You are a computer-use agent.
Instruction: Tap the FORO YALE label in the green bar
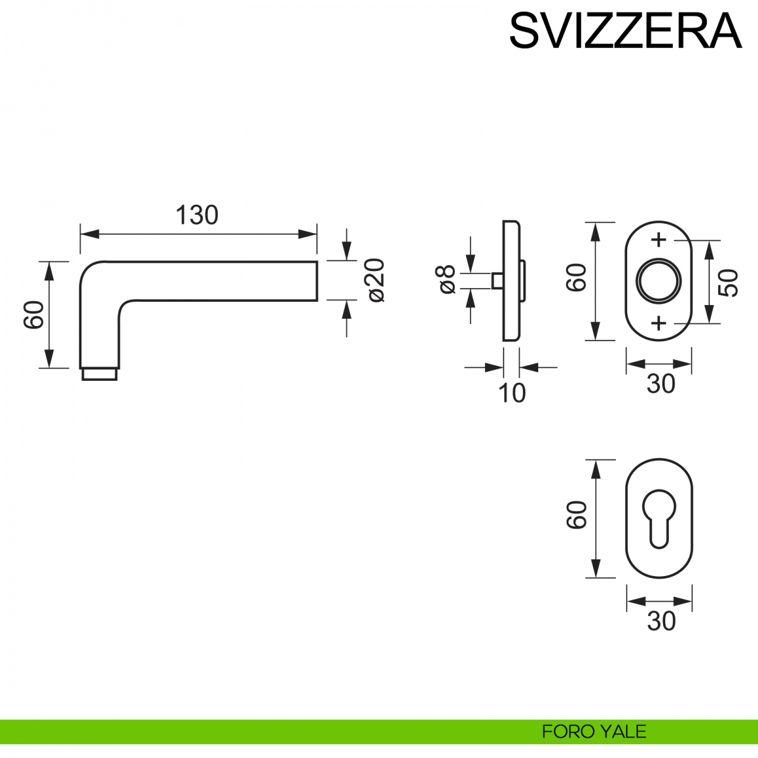click(594, 731)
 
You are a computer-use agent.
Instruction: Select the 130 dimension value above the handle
click(197, 215)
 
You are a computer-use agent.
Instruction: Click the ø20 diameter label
click(375, 280)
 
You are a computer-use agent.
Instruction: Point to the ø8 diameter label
click(447, 280)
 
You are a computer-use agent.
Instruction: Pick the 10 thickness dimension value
click(512, 394)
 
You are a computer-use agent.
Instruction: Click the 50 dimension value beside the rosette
click(728, 282)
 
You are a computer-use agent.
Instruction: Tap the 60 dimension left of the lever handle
click(34, 315)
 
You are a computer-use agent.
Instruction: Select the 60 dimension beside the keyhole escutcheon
click(577, 515)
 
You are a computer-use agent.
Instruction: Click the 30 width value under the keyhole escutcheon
click(661, 622)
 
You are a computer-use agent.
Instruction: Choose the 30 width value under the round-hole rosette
click(661, 383)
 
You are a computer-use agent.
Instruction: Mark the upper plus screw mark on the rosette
click(659, 240)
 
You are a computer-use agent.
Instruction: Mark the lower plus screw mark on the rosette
click(659, 323)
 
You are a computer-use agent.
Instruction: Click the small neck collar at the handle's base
click(99, 374)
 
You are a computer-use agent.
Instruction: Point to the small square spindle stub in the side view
click(497, 280)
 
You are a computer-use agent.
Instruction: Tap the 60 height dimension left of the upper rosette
click(577, 277)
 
